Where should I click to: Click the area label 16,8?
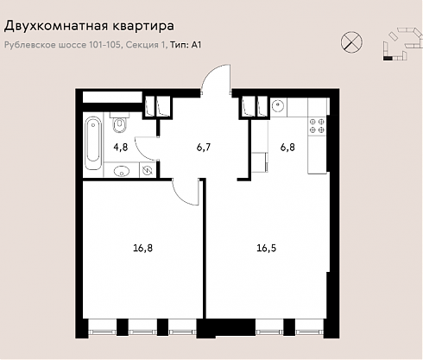click(x=143, y=248)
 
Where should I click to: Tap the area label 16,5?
click(x=267, y=248)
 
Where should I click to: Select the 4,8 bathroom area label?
click(x=121, y=148)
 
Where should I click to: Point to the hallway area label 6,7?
click(x=204, y=148)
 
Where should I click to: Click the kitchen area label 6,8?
click(x=287, y=148)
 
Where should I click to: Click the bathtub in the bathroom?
click(x=93, y=143)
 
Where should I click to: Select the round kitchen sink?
click(x=278, y=106)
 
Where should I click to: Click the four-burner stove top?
click(x=317, y=126)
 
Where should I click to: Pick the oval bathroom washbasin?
click(x=121, y=171)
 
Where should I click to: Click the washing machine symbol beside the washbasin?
click(x=147, y=170)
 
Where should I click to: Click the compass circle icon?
click(x=351, y=42)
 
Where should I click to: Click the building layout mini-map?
click(x=402, y=44)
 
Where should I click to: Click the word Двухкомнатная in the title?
click(x=56, y=26)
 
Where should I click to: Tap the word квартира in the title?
click(x=142, y=27)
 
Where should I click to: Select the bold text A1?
click(x=196, y=45)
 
